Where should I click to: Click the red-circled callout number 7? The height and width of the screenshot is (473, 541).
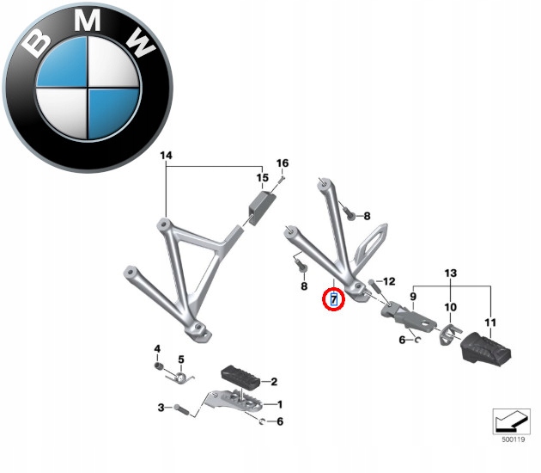(334, 299)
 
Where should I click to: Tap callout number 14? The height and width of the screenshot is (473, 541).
(166, 156)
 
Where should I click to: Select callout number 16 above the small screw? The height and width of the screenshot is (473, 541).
(283, 163)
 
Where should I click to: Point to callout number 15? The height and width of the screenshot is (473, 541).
(262, 178)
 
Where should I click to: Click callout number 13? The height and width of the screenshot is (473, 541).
(451, 273)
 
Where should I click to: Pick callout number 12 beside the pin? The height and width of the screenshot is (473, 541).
(389, 281)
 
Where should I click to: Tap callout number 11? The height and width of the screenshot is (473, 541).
(490, 322)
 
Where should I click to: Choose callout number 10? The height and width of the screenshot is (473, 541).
(450, 307)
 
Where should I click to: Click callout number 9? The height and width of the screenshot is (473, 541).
(413, 296)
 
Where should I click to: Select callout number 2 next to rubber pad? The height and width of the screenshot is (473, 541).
(274, 382)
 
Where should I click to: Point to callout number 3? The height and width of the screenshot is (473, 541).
(161, 408)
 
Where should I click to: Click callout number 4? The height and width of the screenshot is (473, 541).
(157, 348)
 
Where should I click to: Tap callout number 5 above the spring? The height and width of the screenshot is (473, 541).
(181, 359)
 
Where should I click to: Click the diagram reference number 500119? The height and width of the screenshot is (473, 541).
(513, 439)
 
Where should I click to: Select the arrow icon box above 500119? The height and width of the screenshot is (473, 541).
(511, 421)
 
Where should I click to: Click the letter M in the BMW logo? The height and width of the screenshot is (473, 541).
(88, 20)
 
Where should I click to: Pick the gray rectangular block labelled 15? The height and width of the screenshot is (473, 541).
(262, 207)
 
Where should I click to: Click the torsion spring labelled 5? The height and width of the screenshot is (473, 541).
(179, 378)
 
